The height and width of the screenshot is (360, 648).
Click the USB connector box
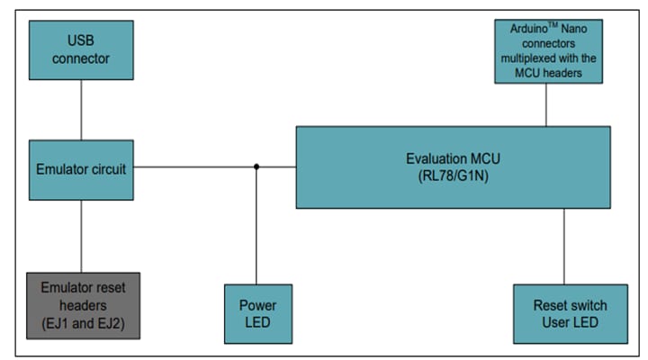pos(81,49)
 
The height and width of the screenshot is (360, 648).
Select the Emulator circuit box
pos(81,169)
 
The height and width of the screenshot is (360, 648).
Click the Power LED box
pos(257,313)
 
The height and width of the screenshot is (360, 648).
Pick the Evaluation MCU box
pos(453,166)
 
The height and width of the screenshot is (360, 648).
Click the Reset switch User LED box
pos(569,313)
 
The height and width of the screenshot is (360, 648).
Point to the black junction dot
pos(257,166)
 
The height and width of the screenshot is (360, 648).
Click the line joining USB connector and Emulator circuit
pos(81,109)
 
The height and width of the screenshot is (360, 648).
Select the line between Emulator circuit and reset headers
pos(81,236)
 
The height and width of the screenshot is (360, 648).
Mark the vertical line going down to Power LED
pos(257,225)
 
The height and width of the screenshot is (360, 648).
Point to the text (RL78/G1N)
pos(453,175)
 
